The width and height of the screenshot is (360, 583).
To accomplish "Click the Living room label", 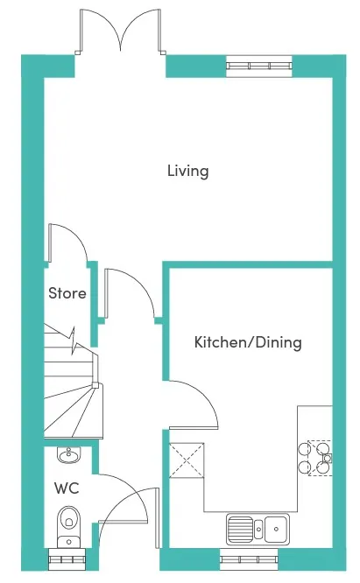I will coord(187,171).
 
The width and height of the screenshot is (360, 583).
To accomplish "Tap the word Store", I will coord(67,293).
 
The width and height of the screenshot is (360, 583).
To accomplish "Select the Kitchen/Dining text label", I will coord(248,342).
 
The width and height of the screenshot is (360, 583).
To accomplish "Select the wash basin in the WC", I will coord(67,455).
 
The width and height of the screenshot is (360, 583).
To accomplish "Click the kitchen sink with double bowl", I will coord(258,528).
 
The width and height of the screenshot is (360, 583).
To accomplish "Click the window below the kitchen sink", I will coord(249,557).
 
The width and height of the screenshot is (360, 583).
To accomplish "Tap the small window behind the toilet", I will coord(67,557).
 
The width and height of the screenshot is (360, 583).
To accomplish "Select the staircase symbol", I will coord(72,390).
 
